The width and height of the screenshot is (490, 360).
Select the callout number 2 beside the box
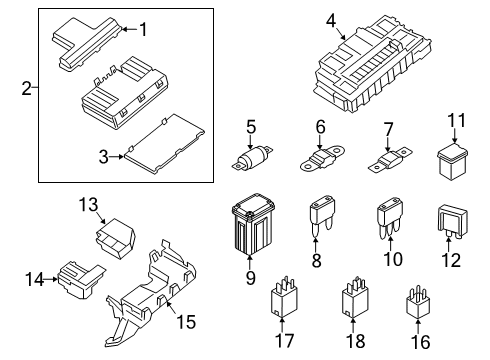26,91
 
